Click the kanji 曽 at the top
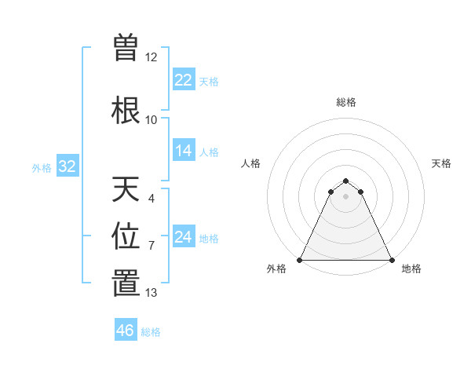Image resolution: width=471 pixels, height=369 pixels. [126, 47]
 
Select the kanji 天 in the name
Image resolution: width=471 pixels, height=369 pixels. [126, 189]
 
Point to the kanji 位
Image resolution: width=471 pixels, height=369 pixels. [126, 236]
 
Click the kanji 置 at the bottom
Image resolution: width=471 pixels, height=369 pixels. [126, 283]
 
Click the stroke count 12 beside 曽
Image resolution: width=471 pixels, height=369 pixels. [152, 57]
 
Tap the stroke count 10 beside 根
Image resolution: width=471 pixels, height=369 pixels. [152, 120]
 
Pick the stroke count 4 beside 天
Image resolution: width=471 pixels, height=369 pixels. [152, 199]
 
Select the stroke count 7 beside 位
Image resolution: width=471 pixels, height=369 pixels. [152, 246]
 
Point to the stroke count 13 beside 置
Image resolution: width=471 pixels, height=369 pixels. [152, 293]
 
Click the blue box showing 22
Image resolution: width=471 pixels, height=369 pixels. [184, 80]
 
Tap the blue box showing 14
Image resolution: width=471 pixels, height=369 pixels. [184, 151]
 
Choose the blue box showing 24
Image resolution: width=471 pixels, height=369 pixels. [184, 237]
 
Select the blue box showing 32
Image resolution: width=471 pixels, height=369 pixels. [67, 166]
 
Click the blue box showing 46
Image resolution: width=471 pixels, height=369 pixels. [126, 331]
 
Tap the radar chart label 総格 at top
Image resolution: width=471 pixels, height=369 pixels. [346, 102]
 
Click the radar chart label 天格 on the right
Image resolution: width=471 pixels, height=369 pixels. [442, 163]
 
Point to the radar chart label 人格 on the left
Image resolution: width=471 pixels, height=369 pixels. [250, 163]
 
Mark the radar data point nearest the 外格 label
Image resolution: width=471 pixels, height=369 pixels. [300, 260]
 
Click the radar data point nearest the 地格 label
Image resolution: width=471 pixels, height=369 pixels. [392, 260]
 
